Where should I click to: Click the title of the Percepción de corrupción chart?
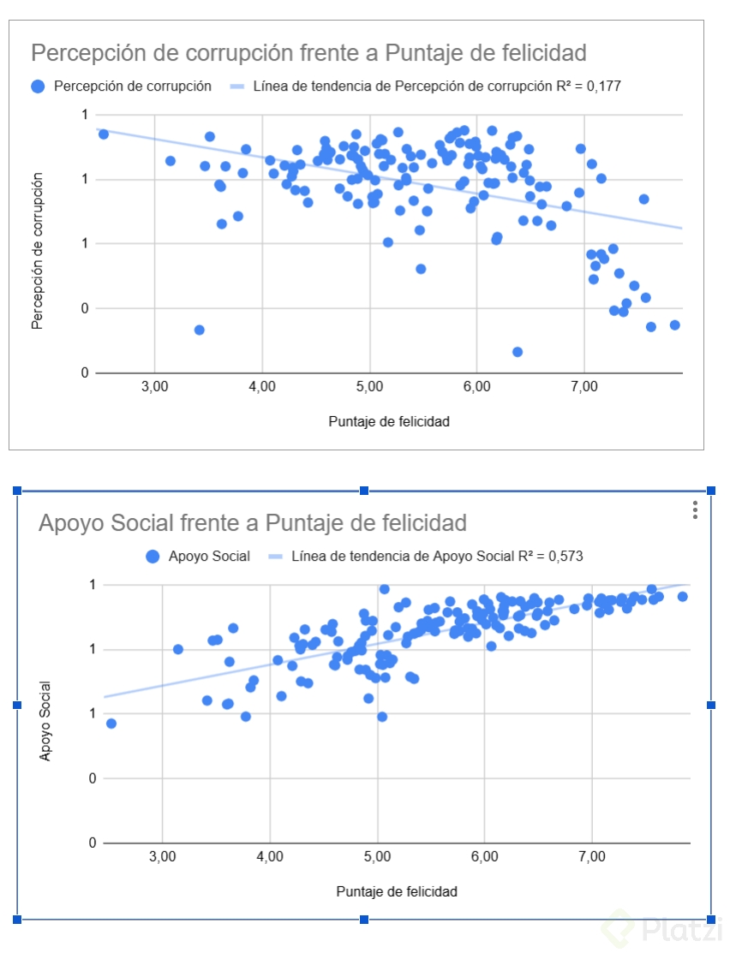click(308, 52)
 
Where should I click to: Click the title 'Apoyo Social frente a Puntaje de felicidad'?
click(253, 522)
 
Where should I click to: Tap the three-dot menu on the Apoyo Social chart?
click(696, 509)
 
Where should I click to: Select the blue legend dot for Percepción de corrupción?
click(38, 86)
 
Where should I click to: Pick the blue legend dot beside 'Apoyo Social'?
click(153, 557)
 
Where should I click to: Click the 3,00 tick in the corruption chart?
click(154, 387)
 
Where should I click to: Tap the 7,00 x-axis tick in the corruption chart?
click(583, 387)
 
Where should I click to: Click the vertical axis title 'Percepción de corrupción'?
click(38, 250)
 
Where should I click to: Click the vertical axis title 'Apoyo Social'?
click(45, 721)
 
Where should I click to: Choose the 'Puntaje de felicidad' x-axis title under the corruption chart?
click(389, 421)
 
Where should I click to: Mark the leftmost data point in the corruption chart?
click(104, 134)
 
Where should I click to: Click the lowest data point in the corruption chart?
click(518, 352)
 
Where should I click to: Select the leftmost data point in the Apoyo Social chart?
click(111, 724)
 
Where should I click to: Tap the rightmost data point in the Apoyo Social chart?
click(682, 597)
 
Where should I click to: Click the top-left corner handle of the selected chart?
click(16, 491)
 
